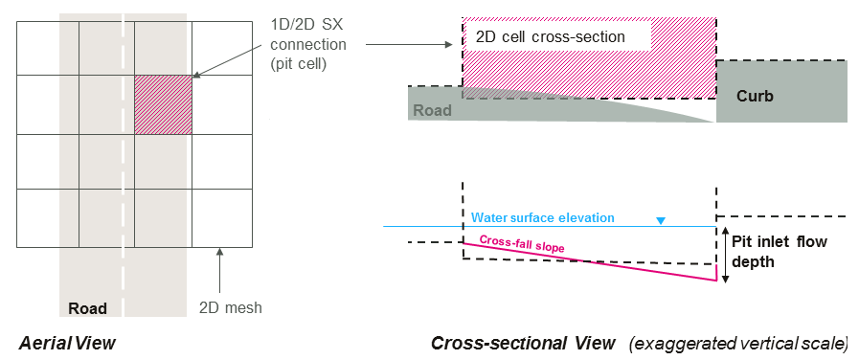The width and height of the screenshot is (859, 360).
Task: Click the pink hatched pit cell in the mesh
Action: tap(163, 104)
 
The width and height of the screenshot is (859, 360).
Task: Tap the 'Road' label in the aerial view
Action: tap(87, 308)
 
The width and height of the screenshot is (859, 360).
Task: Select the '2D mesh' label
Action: tap(231, 308)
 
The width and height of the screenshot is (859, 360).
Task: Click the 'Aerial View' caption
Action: tap(67, 343)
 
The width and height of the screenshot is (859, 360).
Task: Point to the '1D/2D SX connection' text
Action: tap(309, 34)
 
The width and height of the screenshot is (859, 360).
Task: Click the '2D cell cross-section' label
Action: tap(551, 36)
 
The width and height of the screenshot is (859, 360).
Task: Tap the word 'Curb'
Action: tap(755, 97)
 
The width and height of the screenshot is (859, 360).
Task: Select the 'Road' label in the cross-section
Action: tap(432, 111)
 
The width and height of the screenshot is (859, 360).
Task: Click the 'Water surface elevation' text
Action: tap(543, 217)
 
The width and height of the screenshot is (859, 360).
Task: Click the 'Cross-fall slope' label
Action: tap(522, 244)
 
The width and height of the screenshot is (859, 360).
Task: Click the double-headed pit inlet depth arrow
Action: tap(725, 256)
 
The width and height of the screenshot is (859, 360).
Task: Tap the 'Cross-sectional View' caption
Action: tap(523, 344)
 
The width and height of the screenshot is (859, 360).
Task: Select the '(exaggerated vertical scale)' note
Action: tap(738, 344)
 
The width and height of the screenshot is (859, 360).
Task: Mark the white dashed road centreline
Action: tap(123, 166)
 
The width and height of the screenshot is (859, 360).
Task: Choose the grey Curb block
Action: tap(781, 91)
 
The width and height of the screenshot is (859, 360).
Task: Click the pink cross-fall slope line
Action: tap(590, 261)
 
